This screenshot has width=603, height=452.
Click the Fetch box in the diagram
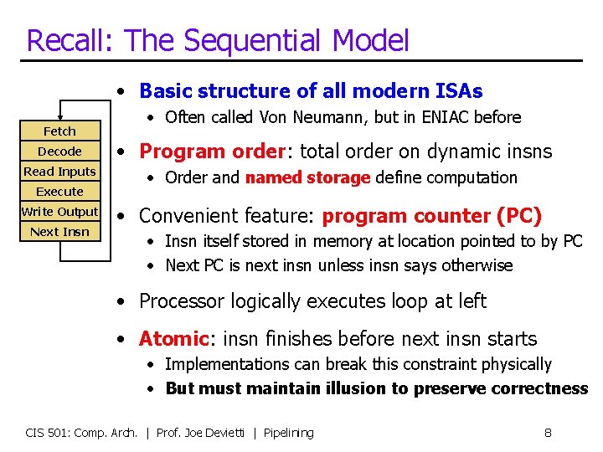pos(59,131)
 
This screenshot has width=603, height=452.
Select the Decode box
pos(59,152)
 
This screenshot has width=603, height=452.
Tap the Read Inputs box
pos(59,172)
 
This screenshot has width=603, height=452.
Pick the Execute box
pos(59,192)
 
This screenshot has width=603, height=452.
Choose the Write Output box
pos(59,212)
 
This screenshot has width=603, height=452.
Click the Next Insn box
pos(59,232)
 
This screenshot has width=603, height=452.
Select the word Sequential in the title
pos(250,40)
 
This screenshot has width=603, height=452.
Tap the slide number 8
pos(547,433)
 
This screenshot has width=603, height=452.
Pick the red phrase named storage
pos(307,177)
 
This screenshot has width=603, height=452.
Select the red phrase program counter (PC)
pos(432,216)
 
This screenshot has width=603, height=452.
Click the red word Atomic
pos(173,339)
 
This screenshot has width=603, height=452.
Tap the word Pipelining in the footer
pos(288,433)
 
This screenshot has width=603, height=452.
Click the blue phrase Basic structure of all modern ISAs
pos(311,90)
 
